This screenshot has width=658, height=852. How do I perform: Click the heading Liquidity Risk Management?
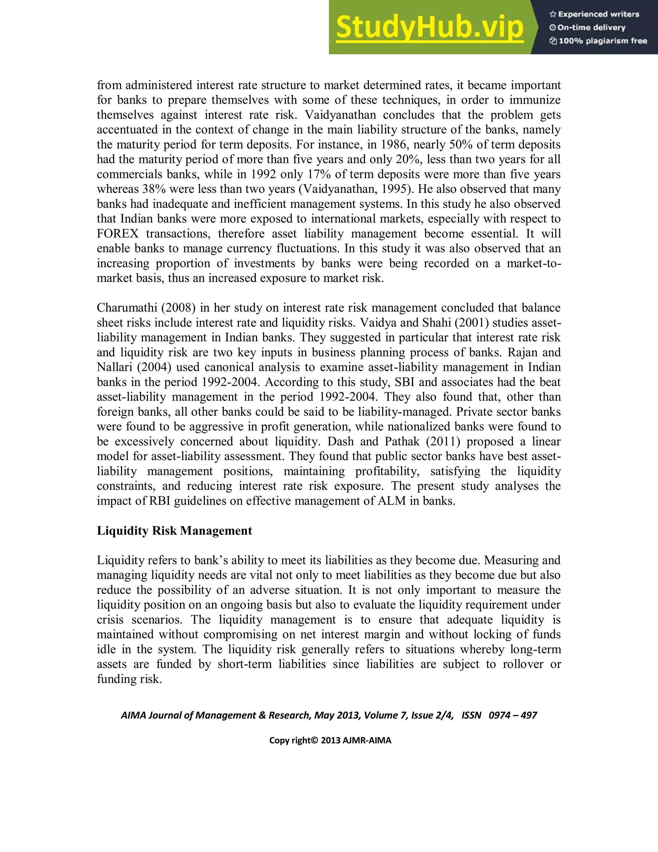click(x=174, y=530)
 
